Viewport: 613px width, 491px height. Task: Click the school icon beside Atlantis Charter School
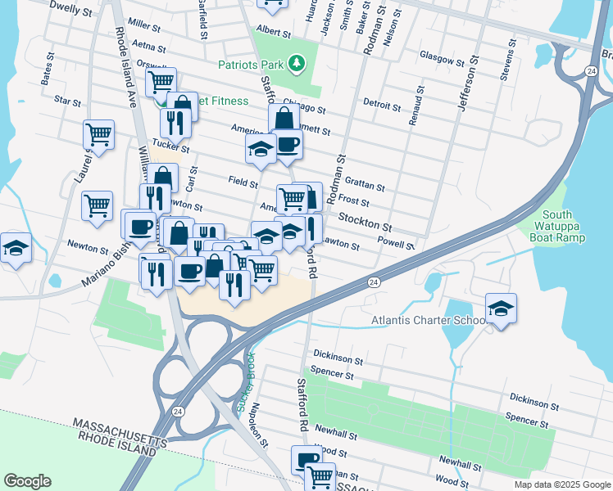coord(501,309)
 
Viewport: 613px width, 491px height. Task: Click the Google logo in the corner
coord(27,481)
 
